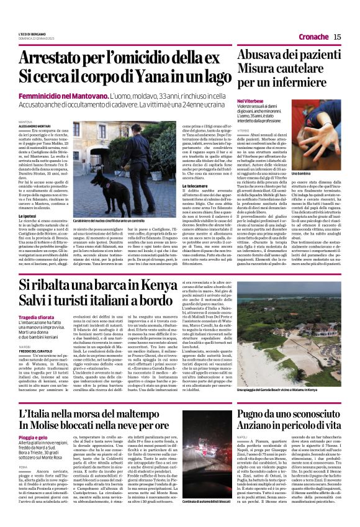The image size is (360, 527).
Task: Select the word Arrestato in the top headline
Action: (x=59, y=58)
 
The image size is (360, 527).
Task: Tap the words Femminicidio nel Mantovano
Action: (x=73, y=99)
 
